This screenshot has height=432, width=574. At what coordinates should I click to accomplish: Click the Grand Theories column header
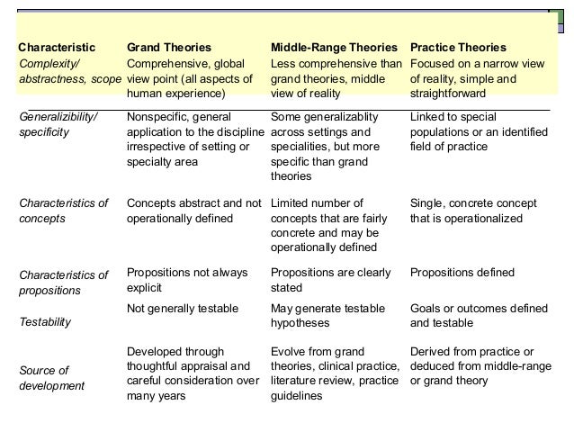pos(169,47)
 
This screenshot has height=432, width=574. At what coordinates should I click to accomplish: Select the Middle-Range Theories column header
pos(333,47)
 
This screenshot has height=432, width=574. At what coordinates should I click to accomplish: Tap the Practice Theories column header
pos(458,47)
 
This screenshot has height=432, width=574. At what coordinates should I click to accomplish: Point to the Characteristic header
pos(57,47)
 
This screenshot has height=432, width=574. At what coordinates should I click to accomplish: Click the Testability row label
pos(44,321)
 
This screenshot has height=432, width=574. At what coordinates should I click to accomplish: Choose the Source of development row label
pos(51,378)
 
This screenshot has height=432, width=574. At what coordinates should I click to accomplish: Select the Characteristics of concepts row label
pos(63,211)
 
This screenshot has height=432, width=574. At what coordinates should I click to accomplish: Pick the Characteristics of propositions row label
pos(63,283)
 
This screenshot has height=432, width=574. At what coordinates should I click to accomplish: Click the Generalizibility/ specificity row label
pos(58,125)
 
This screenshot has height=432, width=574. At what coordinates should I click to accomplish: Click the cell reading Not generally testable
pos(183,308)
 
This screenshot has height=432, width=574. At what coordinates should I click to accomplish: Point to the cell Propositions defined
pos(462,272)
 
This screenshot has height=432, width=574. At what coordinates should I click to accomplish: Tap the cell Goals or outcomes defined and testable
pos(478,315)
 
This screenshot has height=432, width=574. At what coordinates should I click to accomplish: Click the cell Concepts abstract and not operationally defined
pos(193,211)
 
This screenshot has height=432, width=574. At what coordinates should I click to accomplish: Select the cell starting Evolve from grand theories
pos(335,373)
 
